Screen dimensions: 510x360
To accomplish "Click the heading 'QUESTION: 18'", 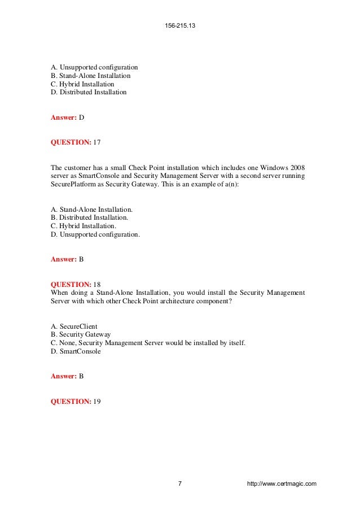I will pos(75,284).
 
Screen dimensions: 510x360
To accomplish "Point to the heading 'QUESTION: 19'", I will pos(75,401).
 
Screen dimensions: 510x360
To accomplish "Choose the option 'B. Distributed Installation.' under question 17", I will pos(89,217).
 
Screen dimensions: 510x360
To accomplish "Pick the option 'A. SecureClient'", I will pos(74,326).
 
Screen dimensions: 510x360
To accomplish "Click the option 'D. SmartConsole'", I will pos(76,351).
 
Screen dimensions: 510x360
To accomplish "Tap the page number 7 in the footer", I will pos(179,483).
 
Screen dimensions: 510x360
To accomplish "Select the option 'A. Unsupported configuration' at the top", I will pos(94,67).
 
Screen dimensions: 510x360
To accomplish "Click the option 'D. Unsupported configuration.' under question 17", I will pos(95,233).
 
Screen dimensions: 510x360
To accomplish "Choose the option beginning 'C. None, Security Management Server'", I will pos(148,342).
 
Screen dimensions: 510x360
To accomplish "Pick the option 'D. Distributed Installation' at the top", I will pos(89,92).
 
